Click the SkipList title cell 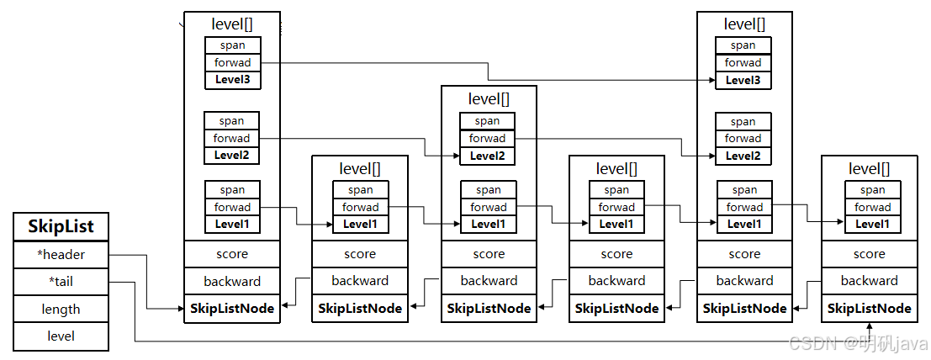coord(61,226)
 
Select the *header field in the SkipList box coord(61,254)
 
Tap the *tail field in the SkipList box coord(61,282)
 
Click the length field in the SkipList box coord(61,310)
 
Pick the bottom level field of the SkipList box coord(61,336)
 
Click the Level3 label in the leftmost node coord(232,81)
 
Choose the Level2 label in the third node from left coord(487,156)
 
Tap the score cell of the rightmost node coord(869,254)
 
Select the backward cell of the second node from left coord(360,281)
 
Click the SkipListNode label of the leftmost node coord(232,309)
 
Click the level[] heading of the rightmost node coord(869,169)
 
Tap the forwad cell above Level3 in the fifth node coord(743,63)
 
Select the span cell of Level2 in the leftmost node coord(231,121)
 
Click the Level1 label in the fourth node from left coord(616,225)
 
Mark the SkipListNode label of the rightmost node coord(869,309)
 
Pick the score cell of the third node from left coord(489,254)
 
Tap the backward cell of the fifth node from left coord(744,281)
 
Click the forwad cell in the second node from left coord(360,208)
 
